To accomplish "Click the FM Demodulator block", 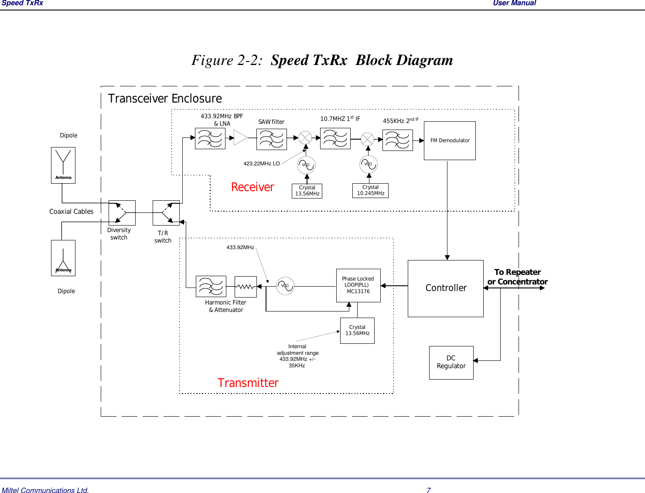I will point(450,140).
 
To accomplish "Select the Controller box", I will point(445,288).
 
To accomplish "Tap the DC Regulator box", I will point(451,363).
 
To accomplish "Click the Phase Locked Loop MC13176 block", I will point(358,285).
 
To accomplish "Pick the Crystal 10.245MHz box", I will point(370,191).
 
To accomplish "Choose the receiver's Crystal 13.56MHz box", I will point(307,191).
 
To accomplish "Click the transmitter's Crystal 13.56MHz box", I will point(357,331).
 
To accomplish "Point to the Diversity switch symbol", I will point(122,213).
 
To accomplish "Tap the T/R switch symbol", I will point(166,213).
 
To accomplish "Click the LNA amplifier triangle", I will point(240,138).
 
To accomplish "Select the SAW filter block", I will point(272,139).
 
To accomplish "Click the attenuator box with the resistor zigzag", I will point(246,287).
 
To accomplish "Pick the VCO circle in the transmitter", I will point(285,286).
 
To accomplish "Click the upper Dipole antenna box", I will point(63,165).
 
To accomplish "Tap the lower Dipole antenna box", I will point(63,258).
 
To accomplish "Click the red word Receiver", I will point(253,187).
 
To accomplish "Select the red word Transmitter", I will point(248,383).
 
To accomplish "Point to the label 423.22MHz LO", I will point(261,164).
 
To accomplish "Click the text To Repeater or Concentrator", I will point(517,277).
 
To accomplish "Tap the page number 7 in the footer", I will point(428,490).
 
